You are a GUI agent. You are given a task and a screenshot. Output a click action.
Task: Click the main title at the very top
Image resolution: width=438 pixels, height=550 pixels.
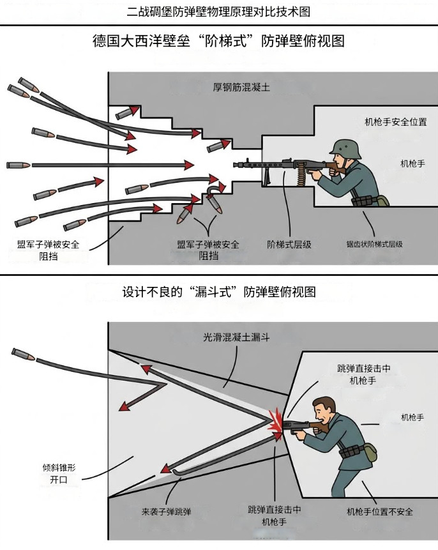[219, 11]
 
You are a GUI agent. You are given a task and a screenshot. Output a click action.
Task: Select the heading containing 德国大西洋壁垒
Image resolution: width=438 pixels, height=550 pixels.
[219, 42]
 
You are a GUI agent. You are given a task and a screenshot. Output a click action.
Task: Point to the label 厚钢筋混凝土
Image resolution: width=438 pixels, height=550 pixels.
[241, 88]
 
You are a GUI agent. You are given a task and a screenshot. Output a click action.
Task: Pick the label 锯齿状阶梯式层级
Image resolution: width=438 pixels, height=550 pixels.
[374, 244]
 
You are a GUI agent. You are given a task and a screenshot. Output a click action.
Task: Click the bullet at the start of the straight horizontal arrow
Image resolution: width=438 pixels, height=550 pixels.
[18, 165]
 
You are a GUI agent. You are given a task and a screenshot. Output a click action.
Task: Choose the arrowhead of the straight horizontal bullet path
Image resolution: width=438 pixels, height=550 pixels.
[188, 165]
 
